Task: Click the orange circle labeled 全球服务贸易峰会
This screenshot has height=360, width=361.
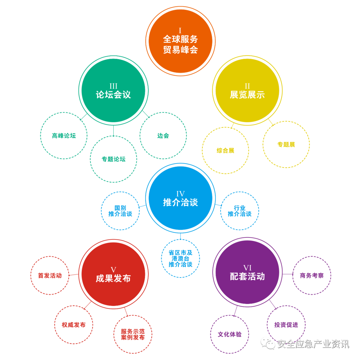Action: click(x=180, y=41)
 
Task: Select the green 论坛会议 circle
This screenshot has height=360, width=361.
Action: click(x=113, y=91)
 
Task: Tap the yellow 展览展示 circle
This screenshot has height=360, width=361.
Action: click(x=247, y=91)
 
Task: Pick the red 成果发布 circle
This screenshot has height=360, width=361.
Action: click(x=113, y=274)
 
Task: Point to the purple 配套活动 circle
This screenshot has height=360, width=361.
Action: click(x=247, y=272)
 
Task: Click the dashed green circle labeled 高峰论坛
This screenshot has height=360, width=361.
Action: click(x=64, y=136)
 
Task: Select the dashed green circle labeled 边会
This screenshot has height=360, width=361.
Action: click(x=163, y=136)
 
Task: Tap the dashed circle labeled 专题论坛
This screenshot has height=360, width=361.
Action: click(x=113, y=159)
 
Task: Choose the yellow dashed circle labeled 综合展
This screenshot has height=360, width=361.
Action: click(x=225, y=150)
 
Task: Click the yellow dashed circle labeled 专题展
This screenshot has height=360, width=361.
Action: click(x=286, y=144)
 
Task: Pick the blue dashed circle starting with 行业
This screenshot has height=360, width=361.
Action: click(x=240, y=211)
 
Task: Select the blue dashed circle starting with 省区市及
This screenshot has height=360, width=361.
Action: click(x=180, y=258)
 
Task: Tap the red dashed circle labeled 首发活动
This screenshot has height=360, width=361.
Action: click(x=50, y=276)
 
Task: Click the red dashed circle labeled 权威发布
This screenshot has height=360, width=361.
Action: click(x=74, y=325)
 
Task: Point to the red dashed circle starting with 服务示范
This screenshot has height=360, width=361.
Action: click(x=133, y=334)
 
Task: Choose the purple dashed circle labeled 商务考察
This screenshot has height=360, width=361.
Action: click(x=312, y=276)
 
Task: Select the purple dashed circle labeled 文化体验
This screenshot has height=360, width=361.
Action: click(x=230, y=334)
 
